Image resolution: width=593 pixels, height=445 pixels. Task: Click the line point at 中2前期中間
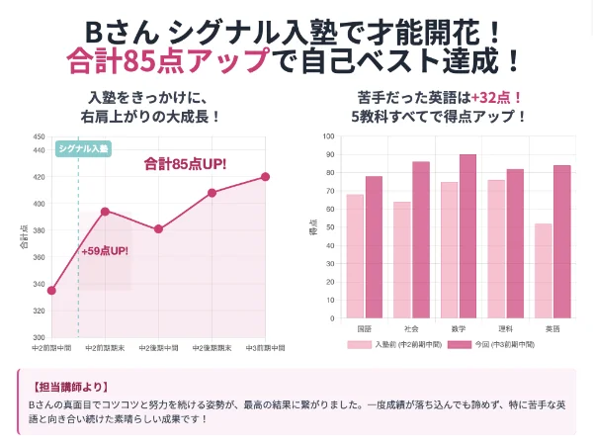tap(51, 291)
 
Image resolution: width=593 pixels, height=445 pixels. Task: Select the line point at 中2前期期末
tap(105, 211)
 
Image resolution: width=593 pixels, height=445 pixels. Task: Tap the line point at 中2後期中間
tap(158, 228)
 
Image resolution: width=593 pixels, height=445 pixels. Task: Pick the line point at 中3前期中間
tap(265, 176)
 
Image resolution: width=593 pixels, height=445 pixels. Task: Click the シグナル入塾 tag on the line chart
tap(83, 148)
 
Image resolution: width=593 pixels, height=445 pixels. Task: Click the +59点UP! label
tap(105, 251)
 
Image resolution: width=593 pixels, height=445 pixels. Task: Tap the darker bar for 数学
tap(467, 236)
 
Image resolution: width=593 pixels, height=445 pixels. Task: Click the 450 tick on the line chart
tap(38, 136)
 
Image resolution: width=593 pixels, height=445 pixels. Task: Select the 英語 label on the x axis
tap(551, 328)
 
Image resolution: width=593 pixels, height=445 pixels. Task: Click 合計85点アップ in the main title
tap(166, 60)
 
